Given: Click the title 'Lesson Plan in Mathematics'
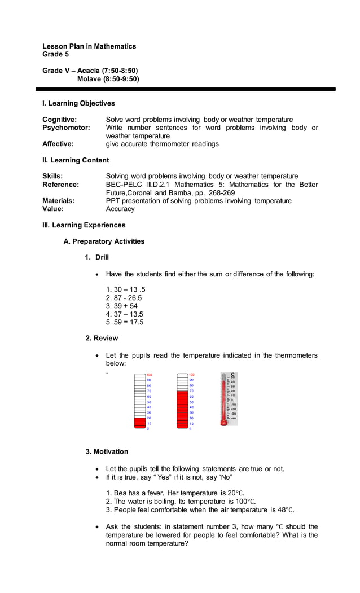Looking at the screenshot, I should tap(89, 46).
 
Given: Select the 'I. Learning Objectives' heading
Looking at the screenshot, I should tap(78, 103).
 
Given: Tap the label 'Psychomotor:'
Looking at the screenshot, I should tap(66, 128).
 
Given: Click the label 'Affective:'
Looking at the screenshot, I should tap(58, 144).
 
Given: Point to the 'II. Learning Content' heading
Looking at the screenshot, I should tap(76, 160).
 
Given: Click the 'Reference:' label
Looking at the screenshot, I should tap(60, 185).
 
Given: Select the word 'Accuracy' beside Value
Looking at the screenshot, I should tap(120, 209).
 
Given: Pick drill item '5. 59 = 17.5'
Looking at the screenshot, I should tap(125, 322).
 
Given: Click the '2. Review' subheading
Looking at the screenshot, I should tap(102, 338).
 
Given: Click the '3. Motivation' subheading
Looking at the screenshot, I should tap(107, 451).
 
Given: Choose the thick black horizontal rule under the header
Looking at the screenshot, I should tap(186, 89).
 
